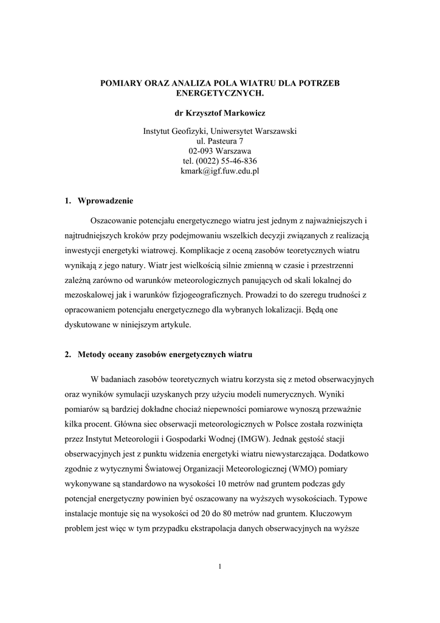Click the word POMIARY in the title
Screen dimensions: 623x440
(120, 83)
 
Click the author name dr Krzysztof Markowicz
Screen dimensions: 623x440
(220, 113)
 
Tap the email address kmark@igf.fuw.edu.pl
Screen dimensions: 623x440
(220, 171)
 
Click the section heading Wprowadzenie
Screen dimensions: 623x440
(106, 200)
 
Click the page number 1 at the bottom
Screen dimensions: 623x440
(220, 567)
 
